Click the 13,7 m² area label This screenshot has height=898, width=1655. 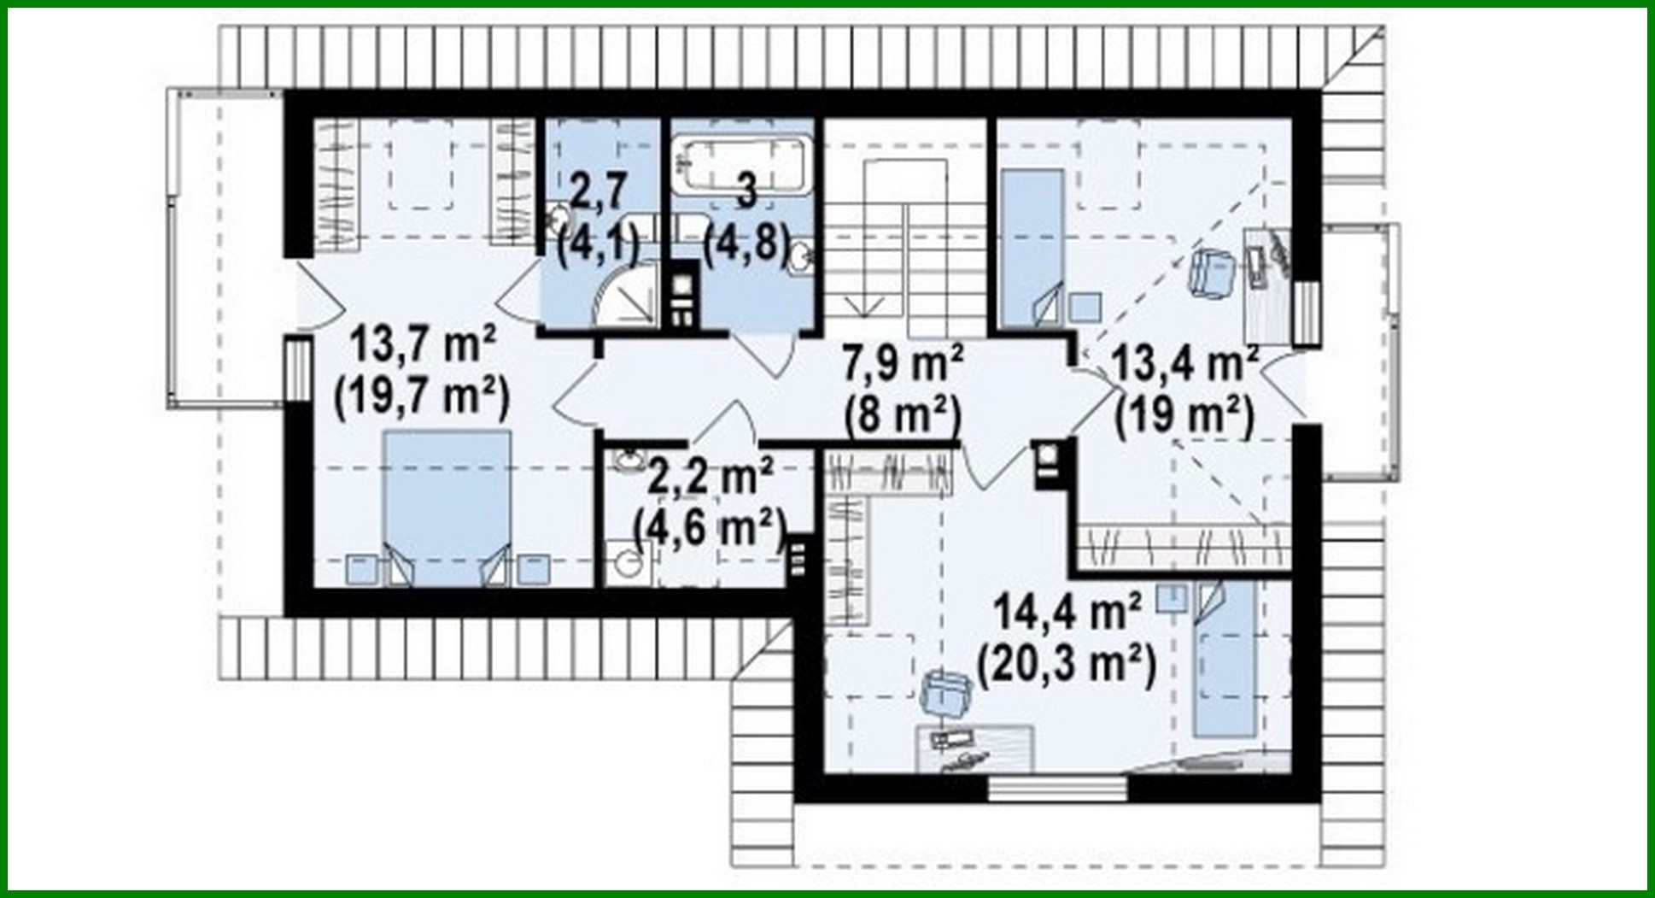point(423,345)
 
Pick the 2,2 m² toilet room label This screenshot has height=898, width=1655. point(711,476)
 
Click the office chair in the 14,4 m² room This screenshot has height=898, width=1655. point(947,690)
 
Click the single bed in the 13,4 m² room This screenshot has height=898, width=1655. point(1032,248)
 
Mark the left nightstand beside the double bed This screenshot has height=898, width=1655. point(361,569)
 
